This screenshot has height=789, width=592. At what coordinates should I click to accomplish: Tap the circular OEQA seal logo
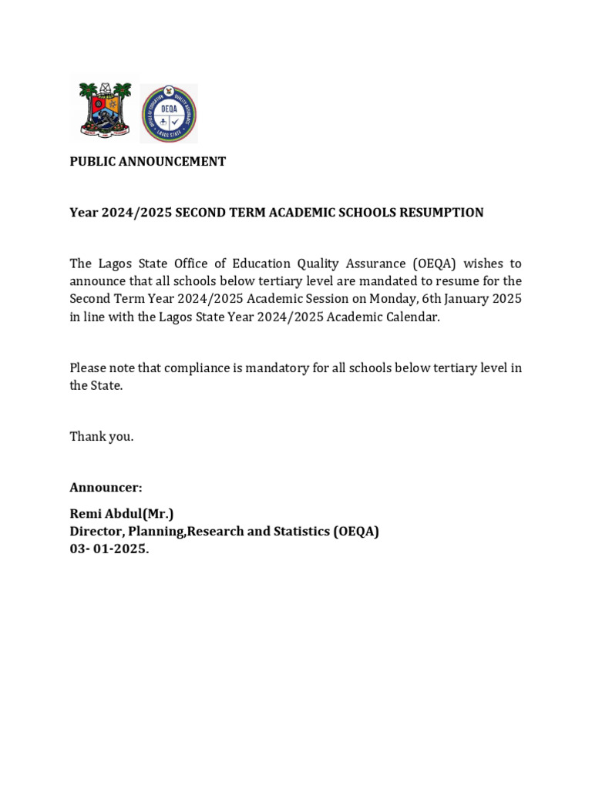click(169, 114)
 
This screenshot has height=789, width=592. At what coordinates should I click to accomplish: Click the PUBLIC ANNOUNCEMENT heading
click(148, 162)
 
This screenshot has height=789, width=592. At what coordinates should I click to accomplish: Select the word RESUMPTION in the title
click(440, 213)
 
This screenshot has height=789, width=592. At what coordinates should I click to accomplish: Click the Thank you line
click(102, 437)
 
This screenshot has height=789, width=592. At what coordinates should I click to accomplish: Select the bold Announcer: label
click(106, 488)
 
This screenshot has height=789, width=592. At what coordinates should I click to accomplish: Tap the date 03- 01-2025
click(109, 549)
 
